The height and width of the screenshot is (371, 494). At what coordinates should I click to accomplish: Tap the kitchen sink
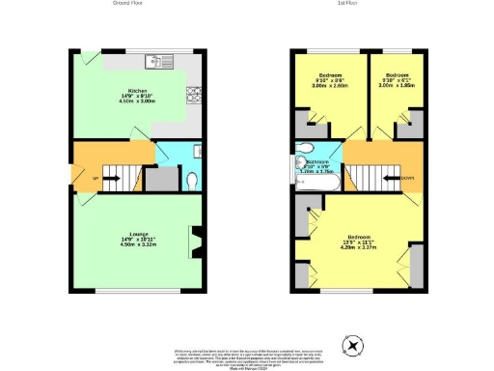(x=157, y=64)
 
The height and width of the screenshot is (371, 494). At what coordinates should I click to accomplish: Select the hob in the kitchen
(x=193, y=95)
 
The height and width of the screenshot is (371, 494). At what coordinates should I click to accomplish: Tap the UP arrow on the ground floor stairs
(x=96, y=179)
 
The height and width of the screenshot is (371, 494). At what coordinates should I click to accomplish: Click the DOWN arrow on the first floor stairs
(x=407, y=178)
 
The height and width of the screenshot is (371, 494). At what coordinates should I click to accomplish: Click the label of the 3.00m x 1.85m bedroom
(x=398, y=79)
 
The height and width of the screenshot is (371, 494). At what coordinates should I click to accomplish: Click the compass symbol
(x=354, y=344)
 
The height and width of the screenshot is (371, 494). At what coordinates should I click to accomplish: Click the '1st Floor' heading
(x=350, y=4)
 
